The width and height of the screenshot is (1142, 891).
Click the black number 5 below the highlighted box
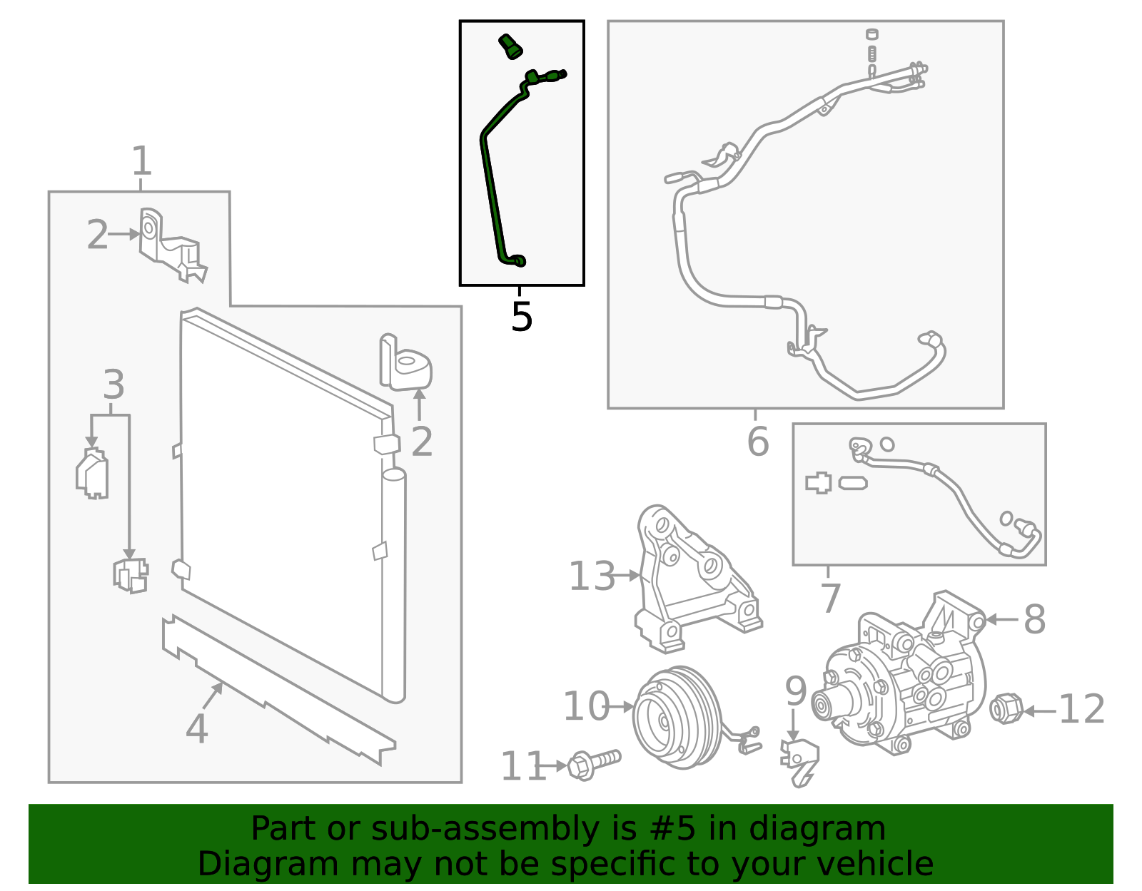pyautogui.click(x=522, y=317)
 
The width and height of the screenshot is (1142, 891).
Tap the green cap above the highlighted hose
pyautogui.click(x=509, y=46)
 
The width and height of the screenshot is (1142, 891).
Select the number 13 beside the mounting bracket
pyautogui.click(x=591, y=576)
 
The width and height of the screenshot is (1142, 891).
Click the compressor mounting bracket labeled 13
pyautogui.click(x=696, y=581)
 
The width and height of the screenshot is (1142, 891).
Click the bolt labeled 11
pyautogui.click(x=594, y=765)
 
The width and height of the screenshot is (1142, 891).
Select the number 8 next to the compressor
pyautogui.click(x=1034, y=619)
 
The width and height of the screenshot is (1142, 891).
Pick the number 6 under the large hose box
pyautogui.click(x=758, y=442)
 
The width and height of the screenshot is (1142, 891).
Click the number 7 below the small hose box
pyautogui.click(x=830, y=598)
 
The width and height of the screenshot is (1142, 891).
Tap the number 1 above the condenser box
pyautogui.click(x=141, y=161)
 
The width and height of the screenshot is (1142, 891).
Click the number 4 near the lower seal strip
pyautogui.click(x=196, y=729)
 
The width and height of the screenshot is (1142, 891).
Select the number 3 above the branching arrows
pyautogui.click(x=113, y=385)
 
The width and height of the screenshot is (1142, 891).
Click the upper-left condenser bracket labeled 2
pyautogui.click(x=171, y=246)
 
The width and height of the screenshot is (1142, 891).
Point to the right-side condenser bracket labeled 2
pyautogui.click(x=405, y=364)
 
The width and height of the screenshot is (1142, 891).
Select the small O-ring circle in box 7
pyautogui.click(x=886, y=444)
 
